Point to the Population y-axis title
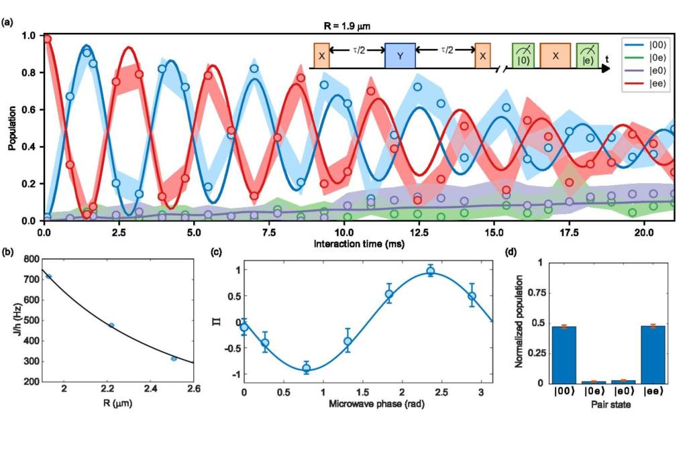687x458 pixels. [x=13, y=128]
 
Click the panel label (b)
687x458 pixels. [x=7, y=253]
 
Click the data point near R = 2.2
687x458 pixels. [x=111, y=325]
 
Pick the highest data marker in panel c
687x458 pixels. [x=431, y=271]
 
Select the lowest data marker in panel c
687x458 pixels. [x=306, y=368]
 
